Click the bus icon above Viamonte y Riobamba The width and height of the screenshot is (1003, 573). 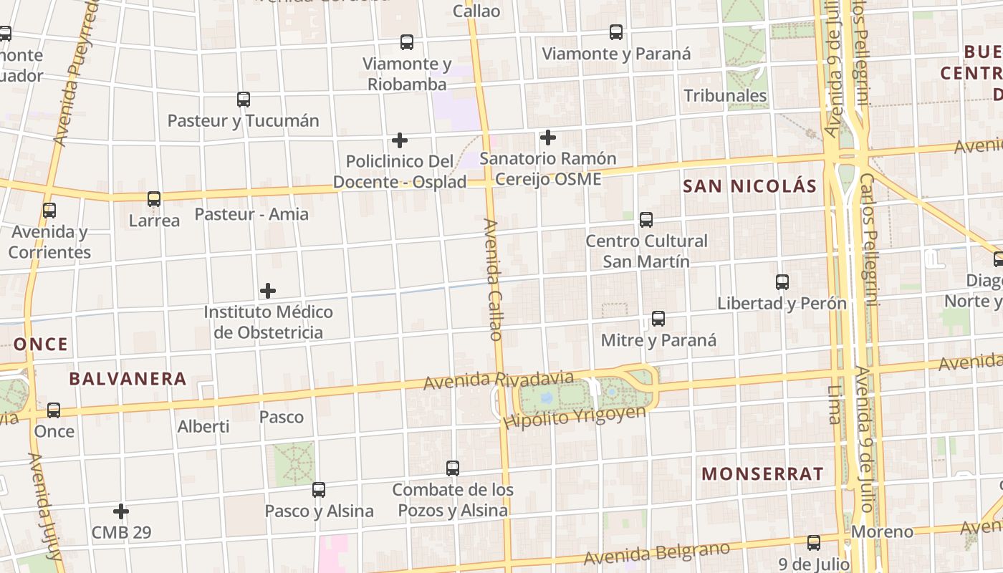coord(407,42)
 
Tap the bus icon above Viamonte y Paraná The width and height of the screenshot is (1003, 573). coord(616,32)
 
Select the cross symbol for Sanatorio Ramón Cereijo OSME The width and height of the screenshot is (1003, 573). coord(548,137)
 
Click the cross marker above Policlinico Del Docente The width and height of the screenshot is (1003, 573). coord(400,140)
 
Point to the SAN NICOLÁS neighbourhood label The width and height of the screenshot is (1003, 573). coord(749,186)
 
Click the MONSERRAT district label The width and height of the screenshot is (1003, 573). coord(762,473)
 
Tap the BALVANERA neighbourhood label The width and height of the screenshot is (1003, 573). coord(128,379)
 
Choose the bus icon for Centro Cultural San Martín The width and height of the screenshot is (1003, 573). coord(646,220)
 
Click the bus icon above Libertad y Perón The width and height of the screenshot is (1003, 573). coord(782,282)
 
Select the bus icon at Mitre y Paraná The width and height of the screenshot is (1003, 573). coord(658,319)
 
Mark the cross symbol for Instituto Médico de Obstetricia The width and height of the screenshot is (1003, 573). coord(268,291)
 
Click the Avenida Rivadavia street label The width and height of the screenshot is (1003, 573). coord(498,380)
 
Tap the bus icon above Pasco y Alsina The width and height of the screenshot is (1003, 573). coord(319,490)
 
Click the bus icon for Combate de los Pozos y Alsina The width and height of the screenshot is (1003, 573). coord(453,468)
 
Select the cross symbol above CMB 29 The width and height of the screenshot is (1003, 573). coord(121,511)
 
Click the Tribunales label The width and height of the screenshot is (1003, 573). coord(725,95)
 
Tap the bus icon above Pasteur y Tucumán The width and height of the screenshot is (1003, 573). coord(244,100)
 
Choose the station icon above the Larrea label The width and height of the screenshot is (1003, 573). coord(154,199)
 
